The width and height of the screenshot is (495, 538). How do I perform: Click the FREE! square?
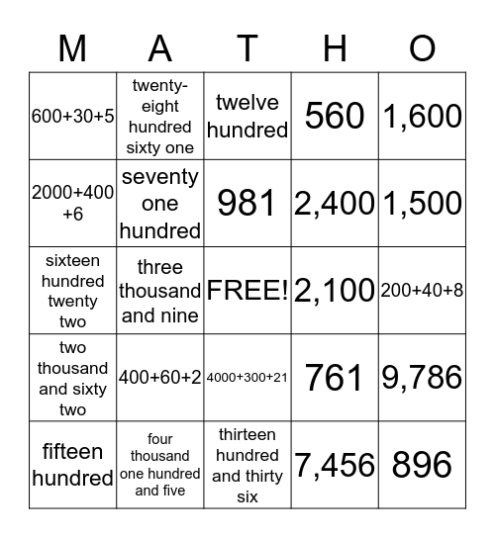click(247, 291)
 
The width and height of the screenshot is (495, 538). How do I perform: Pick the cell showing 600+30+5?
click(72, 117)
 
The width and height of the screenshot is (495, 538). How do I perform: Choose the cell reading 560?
click(335, 117)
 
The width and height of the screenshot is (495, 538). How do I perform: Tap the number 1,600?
click(422, 117)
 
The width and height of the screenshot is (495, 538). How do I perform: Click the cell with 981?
click(247, 204)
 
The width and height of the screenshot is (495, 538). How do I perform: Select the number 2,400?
click(335, 204)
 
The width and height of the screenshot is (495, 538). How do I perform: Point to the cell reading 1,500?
click(422, 204)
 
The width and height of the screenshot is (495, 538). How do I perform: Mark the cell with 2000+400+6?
click(72, 204)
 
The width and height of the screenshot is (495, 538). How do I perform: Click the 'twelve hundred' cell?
click(247, 117)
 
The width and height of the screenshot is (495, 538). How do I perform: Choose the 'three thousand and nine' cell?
click(160, 291)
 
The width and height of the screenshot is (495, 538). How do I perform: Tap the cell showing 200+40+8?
click(422, 291)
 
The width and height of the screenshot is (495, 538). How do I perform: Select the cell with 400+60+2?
click(160, 378)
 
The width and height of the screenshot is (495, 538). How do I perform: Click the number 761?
click(335, 378)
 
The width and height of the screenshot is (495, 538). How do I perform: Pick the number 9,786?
click(422, 378)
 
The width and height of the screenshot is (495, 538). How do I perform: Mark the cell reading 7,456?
click(335, 465)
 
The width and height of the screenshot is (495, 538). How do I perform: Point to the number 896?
click(422, 465)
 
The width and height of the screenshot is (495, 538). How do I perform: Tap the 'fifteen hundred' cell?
click(72, 465)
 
